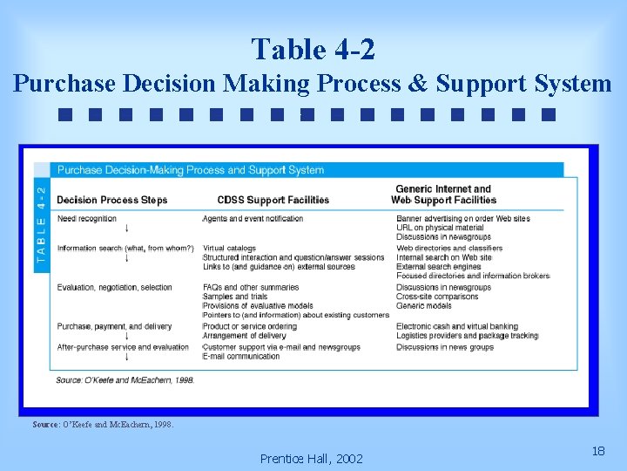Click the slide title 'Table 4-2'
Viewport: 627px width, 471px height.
click(x=313, y=49)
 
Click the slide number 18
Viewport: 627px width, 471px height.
click(x=598, y=451)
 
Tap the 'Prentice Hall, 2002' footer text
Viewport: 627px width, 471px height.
click(x=311, y=459)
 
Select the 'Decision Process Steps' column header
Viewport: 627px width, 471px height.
click(x=111, y=201)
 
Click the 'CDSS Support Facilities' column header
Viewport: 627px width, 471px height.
click(x=273, y=201)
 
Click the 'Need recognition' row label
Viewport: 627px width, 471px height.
click(x=87, y=219)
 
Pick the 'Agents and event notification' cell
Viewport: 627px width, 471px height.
click(x=253, y=219)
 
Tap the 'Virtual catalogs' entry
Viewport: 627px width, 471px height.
click(x=229, y=249)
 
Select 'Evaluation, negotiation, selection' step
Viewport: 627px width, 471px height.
click(x=114, y=288)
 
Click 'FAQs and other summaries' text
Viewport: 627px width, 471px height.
click(x=250, y=288)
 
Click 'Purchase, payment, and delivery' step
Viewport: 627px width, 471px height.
click(x=114, y=327)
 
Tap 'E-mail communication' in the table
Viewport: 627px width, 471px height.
click(x=241, y=357)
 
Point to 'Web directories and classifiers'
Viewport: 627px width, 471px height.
click(x=449, y=249)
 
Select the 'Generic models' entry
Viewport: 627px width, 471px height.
click(x=424, y=306)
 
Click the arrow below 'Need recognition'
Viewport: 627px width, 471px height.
click(x=127, y=229)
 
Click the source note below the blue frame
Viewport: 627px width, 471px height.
click(x=103, y=425)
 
